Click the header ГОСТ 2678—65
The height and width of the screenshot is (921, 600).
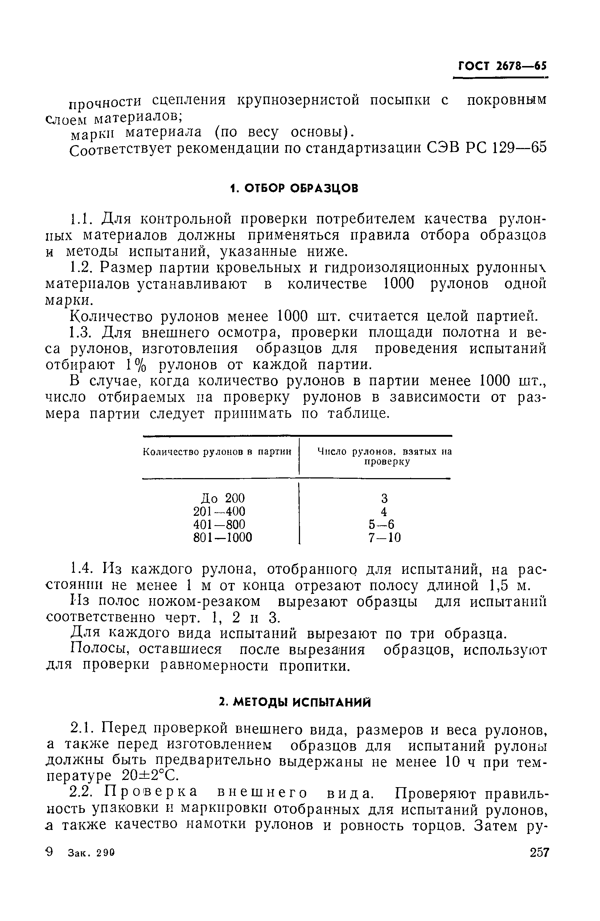tap(502, 66)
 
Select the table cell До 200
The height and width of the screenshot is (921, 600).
tap(223, 498)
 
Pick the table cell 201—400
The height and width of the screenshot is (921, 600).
tap(219, 511)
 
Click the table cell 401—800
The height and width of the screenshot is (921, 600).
tap(219, 525)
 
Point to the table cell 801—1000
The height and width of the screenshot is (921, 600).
tap(223, 538)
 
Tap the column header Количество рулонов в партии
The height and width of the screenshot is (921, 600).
tap(217, 452)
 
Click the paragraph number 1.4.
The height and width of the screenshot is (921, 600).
tap(82, 569)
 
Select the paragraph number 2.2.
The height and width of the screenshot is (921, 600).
tap(82, 793)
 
